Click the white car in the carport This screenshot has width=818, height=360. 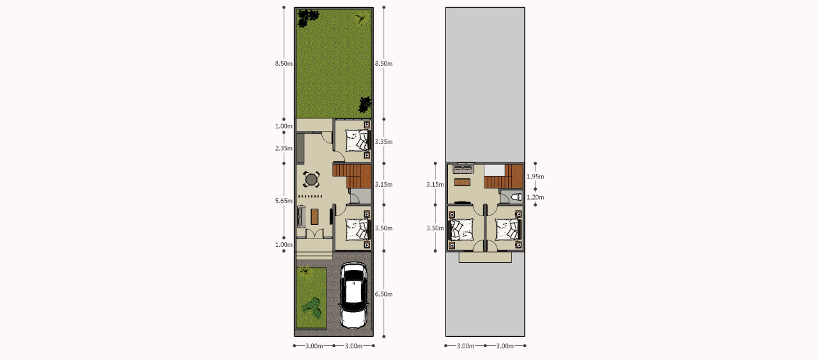[x=353, y=295]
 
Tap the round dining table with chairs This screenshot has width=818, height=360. [x=311, y=180]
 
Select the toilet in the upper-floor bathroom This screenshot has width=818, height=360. [x=516, y=197]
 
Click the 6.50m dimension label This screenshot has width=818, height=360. [x=384, y=294]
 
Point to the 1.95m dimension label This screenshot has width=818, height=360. [x=536, y=176]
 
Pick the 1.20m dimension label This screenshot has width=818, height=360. [x=536, y=198]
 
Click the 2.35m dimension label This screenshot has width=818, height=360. [x=284, y=148]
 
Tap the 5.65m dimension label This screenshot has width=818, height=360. [x=284, y=201]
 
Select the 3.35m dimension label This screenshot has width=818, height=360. [x=384, y=142]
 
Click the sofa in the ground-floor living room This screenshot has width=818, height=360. [x=301, y=216]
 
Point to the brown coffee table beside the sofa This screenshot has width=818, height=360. [x=314, y=216]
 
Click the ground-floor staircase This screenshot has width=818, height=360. [x=352, y=176]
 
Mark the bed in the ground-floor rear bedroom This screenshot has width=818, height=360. [x=357, y=140]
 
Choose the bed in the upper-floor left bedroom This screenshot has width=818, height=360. [x=461, y=229]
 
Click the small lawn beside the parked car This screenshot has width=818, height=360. [x=311, y=297]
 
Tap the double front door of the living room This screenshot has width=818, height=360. [x=314, y=234]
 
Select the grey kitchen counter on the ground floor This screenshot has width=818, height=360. [x=300, y=148]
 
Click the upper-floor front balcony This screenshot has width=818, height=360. [x=485, y=257]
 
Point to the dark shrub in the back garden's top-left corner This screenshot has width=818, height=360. [x=307, y=18]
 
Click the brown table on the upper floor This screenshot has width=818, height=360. [x=462, y=182]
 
